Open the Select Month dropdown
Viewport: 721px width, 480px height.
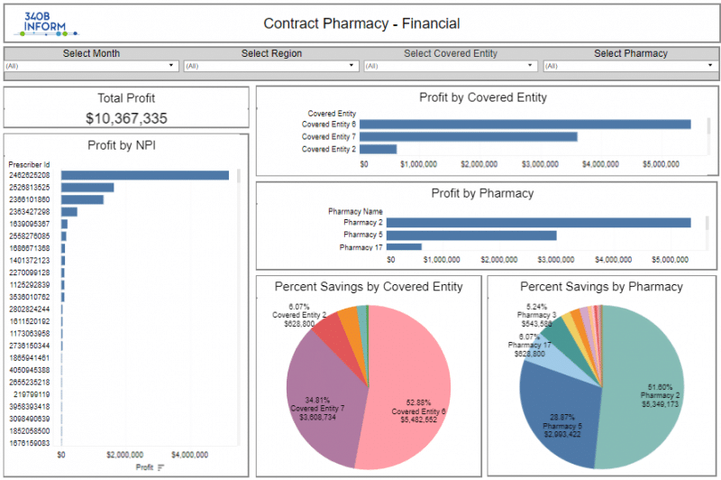tap(91, 66)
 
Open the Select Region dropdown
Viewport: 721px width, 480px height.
tap(270, 66)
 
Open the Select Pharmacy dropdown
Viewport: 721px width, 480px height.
tap(630, 66)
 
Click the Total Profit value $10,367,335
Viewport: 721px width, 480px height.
tap(126, 118)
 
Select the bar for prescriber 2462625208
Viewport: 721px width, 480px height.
tap(144, 175)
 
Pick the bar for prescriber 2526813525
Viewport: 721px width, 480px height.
tap(87, 188)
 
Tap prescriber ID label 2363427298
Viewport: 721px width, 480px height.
tap(30, 212)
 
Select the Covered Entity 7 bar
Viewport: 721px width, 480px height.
tap(469, 137)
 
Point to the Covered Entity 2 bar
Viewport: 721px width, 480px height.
tap(379, 149)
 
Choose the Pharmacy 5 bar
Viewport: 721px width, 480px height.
tap(473, 235)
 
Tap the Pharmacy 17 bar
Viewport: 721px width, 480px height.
tap(406, 247)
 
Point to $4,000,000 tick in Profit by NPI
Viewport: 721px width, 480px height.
tap(188, 455)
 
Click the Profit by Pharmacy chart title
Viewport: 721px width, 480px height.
tap(482, 193)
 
